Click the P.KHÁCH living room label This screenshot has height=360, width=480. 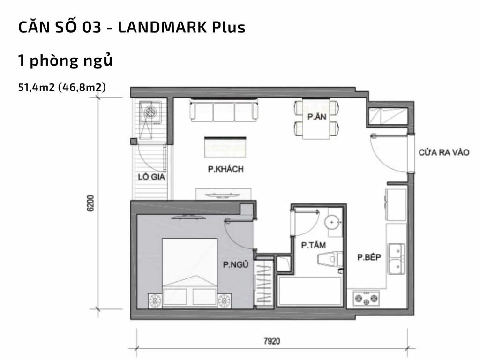coord(225,170)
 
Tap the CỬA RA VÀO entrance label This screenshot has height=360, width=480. coord(443,153)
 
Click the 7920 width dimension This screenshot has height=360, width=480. coord(271,341)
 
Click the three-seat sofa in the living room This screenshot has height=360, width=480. coord(224,111)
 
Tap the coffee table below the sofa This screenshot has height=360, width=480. coord(225,147)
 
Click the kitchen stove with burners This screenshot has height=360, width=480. coord(368,298)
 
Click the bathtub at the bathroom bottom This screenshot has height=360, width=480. coord(309,291)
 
